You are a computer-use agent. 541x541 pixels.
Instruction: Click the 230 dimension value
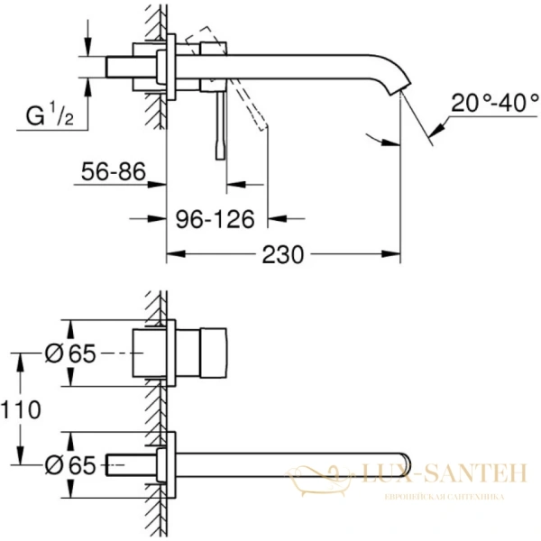(283, 255)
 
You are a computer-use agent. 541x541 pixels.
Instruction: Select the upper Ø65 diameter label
(69, 354)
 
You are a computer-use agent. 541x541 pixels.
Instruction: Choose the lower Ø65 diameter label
(69, 465)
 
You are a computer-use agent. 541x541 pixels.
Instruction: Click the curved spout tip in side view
(399, 88)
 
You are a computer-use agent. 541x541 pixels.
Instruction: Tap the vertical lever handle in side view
(217, 126)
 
